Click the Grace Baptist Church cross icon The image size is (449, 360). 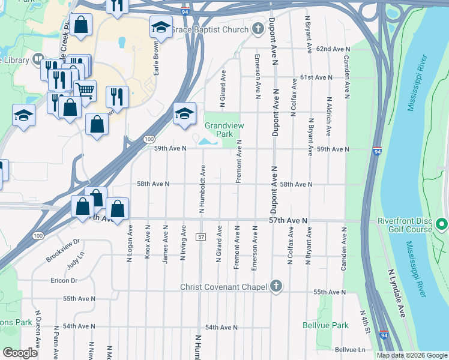pyautogui.click(x=258, y=29)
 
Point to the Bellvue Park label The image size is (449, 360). pyautogui.click(x=325, y=325)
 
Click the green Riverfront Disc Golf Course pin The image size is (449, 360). pyautogui.click(x=442, y=224)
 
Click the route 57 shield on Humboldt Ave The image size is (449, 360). pyautogui.click(x=200, y=238)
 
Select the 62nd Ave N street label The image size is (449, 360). pyautogui.click(x=333, y=49)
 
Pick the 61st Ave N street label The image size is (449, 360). pyautogui.click(x=316, y=77)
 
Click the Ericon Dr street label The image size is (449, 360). pyautogui.click(x=64, y=280)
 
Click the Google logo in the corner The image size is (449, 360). pyautogui.click(x=20, y=353)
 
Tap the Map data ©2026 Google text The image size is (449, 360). pyautogui.click(x=412, y=355)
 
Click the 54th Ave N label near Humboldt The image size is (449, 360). pyautogui.click(x=221, y=328)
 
